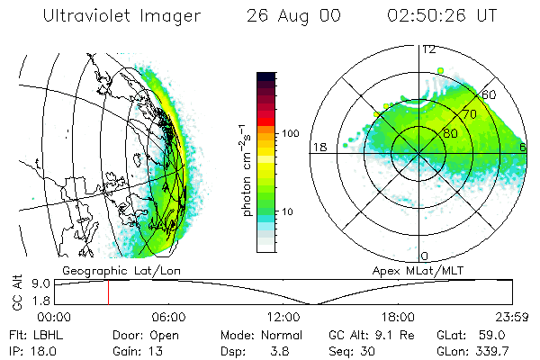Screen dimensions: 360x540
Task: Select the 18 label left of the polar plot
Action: pos(318,147)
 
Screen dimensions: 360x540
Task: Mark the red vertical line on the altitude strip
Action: pos(108,292)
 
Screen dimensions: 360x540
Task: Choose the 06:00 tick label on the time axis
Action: pos(169,317)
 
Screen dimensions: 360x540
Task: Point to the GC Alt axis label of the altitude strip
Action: pos(16,292)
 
